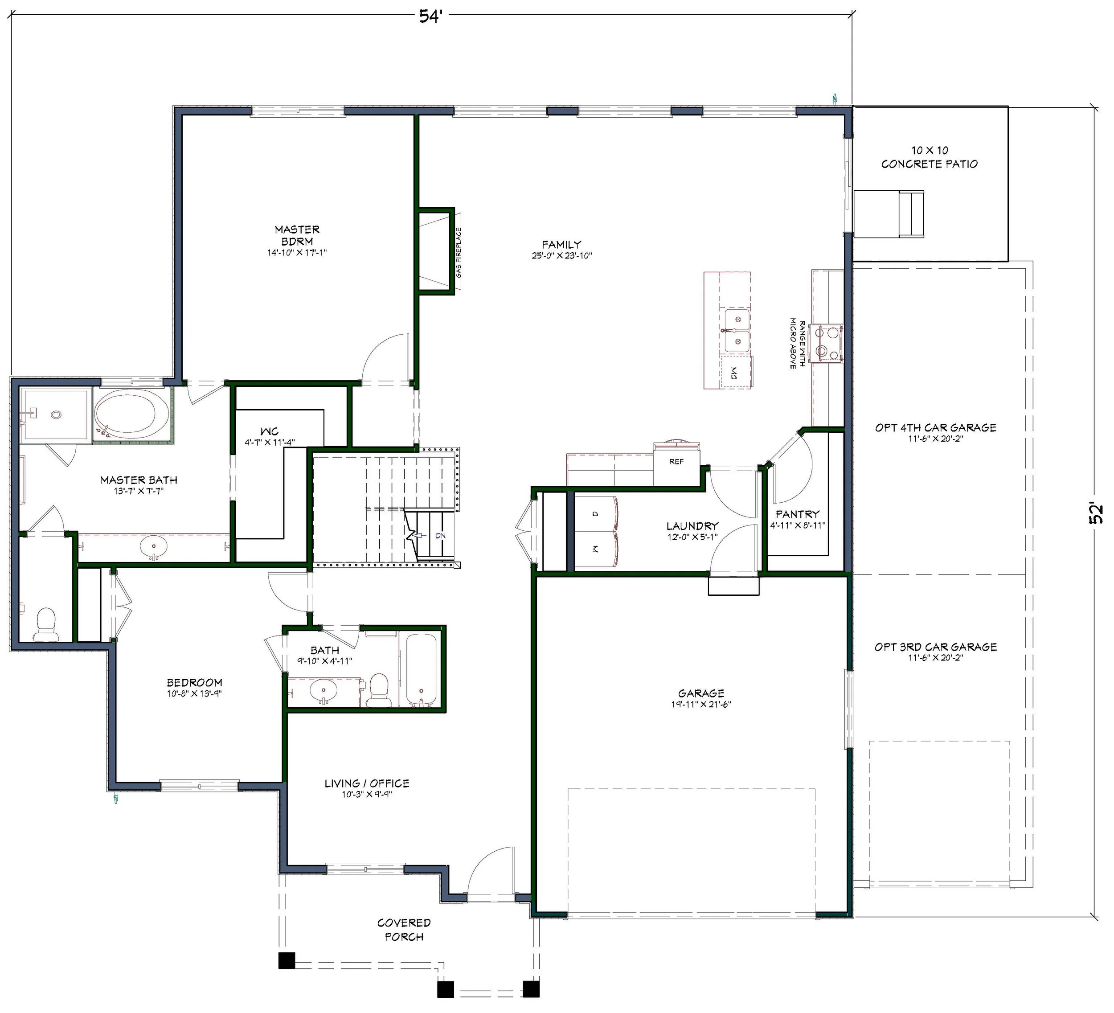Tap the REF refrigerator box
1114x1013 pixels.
pyautogui.click(x=677, y=464)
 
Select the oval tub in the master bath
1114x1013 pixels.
pyautogui.click(x=131, y=413)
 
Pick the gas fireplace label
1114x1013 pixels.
pyautogui.click(x=459, y=253)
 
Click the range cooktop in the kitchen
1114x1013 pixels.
pyautogui.click(x=826, y=343)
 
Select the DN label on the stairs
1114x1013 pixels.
pyautogui.click(x=440, y=536)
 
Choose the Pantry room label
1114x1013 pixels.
pyautogui.click(x=797, y=514)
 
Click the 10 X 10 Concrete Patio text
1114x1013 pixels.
pyautogui.click(x=930, y=157)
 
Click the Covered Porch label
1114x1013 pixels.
pyautogui.click(x=404, y=930)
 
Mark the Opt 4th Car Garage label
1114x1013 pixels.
pyautogui.click(x=935, y=427)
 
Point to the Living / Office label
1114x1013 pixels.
pyautogui.click(x=367, y=783)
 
